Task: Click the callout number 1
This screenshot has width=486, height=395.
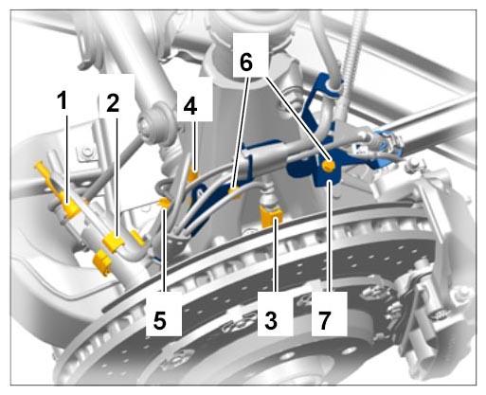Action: click(x=63, y=100)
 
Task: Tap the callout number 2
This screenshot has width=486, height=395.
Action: click(x=113, y=103)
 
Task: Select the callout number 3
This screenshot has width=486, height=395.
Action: click(x=271, y=320)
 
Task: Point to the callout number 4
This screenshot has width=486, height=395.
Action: click(x=190, y=106)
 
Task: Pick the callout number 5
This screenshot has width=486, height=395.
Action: click(x=160, y=320)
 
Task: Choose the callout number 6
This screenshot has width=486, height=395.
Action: click(x=246, y=62)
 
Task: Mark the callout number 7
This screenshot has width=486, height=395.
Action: click(x=325, y=320)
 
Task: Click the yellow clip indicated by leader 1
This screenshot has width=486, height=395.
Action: click(x=71, y=209)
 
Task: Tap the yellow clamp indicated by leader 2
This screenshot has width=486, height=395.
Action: click(x=114, y=242)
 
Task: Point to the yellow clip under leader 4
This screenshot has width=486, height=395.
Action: click(x=192, y=174)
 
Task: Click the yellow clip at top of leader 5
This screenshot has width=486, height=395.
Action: click(x=165, y=203)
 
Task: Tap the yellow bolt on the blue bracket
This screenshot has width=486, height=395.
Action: click(x=329, y=165)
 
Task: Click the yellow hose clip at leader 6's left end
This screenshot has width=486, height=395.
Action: click(x=234, y=192)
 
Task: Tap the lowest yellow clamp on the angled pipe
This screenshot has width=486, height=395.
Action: click(x=101, y=262)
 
